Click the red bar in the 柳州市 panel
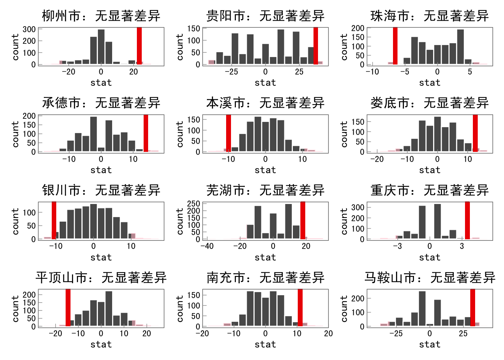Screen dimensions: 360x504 pos(139,46)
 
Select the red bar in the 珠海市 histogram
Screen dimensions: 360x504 pos(395,46)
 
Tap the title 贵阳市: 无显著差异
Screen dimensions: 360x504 pos(265,16)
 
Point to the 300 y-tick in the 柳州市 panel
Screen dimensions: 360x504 pos(29,29)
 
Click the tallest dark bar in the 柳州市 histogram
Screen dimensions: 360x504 pos(101,47)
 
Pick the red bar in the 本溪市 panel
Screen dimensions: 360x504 pos(228,133)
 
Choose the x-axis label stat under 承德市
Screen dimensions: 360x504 pos(101,170)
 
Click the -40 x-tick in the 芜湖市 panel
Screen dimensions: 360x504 pos(207,246)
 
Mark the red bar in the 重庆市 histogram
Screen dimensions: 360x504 pos(467,220)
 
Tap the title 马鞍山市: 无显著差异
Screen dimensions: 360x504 pos(430,278)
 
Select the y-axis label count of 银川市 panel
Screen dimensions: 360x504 pos(15,222)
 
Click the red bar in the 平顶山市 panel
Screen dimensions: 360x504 pos(68,308)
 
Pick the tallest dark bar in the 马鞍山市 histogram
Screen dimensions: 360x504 pos(422,309)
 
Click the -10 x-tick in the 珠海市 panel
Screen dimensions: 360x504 pos(372,72)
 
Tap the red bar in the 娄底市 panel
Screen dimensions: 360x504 pos(475,133)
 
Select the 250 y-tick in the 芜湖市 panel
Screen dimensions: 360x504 pos(193,204)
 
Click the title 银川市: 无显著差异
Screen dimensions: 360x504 pos(101,190)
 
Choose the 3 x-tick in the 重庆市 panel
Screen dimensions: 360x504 pos(462,246)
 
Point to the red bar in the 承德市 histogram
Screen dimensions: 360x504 pos(146,133)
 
